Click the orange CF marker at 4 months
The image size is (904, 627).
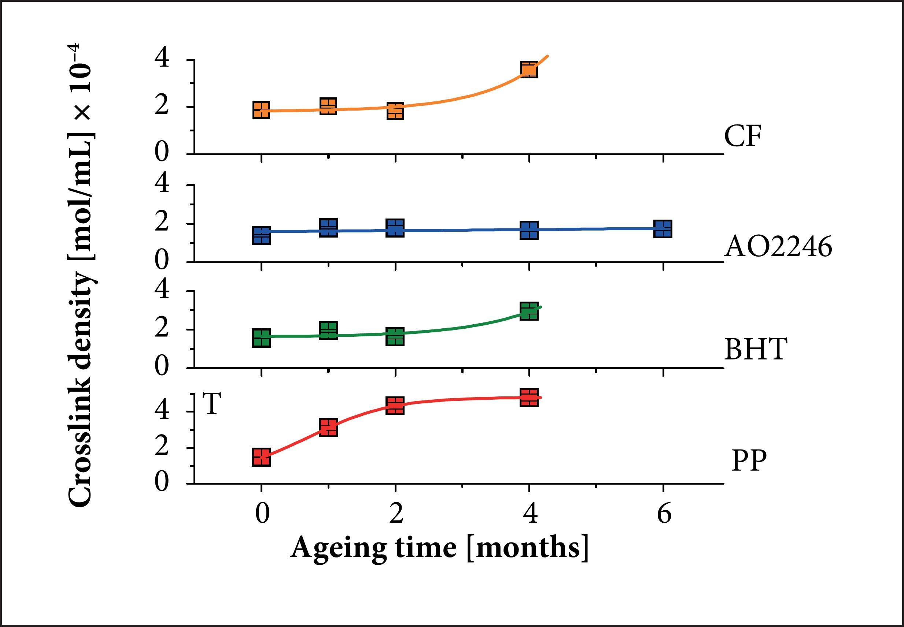click(x=529, y=70)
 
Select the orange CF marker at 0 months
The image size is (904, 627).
click(x=261, y=110)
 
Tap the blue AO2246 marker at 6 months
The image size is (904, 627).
click(x=663, y=229)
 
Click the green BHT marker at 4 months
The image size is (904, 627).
click(x=529, y=311)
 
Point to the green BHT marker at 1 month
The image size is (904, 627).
click(x=328, y=331)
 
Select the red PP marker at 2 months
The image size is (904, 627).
click(x=395, y=406)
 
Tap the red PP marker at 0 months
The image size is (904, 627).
click(x=261, y=457)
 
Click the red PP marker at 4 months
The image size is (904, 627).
click(x=529, y=398)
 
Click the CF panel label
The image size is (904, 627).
click(x=742, y=136)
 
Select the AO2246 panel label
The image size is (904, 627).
click(x=778, y=247)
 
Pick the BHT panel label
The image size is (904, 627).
click(x=755, y=349)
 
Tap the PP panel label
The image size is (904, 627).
click(x=749, y=460)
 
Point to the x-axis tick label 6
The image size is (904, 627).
click(x=664, y=514)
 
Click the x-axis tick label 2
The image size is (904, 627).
click(x=396, y=514)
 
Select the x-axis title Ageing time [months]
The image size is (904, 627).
click(x=439, y=548)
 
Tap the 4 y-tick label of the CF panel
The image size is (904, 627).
click(x=162, y=59)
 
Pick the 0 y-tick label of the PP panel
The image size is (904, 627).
click(x=162, y=482)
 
